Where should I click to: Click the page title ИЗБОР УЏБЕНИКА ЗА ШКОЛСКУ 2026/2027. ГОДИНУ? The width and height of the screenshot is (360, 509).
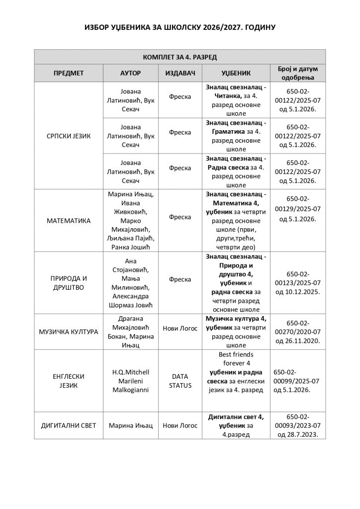[x=180, y=26]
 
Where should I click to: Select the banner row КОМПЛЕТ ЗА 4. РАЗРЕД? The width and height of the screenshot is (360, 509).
[x=180, y=57]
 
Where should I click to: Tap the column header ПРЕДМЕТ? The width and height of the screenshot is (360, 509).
[x=68, y=73]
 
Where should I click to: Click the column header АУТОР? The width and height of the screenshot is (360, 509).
[x=131, y=73]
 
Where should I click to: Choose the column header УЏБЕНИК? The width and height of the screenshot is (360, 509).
[x=236, y=73]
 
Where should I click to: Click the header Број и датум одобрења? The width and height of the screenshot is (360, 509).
[x=298, y=73]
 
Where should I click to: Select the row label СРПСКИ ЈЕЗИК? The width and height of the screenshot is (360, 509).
[x=68, y=135]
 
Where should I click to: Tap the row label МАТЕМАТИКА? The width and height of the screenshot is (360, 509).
[x=68, y=220]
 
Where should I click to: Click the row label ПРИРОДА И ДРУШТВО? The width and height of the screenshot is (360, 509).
[x=68, y=282]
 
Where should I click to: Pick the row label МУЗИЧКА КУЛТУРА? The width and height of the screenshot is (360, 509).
[x=68, y=332]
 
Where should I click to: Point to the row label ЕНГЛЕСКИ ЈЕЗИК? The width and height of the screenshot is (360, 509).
[x=68, y=381]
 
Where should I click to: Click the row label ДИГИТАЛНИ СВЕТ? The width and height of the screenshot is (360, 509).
[x=68, y=426]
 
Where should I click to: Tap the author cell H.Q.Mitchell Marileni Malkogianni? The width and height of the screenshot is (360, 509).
[x=131, y=381]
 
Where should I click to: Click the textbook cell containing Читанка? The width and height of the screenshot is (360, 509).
[x=236, y=99]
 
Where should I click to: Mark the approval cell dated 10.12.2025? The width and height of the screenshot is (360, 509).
[x=298, y=282]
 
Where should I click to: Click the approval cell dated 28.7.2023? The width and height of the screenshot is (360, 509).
[x=298, y=426]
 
